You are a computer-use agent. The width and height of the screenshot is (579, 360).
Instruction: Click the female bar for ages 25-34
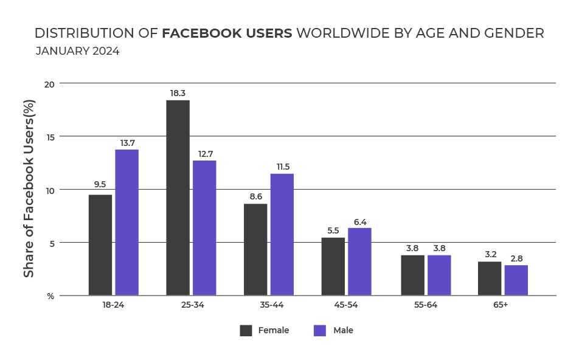click(178, 198)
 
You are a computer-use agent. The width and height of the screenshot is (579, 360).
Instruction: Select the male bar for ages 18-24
click(127, 223)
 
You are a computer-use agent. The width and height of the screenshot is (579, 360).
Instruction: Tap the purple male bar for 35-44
click(282, 234)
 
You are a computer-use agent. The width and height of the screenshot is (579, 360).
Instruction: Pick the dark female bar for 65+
click(490, 279)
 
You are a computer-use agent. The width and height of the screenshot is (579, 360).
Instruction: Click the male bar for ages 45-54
click(359, 261)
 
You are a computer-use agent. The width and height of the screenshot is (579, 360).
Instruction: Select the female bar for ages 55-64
click(412, 275)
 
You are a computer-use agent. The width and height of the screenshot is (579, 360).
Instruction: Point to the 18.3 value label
click(178, 93)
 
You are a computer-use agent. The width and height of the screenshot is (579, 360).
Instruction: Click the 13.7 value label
click(127, 142)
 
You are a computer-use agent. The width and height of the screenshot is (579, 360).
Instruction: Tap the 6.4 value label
click(360, 221)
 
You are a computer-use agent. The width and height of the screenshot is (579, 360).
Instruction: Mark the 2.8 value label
click(516, 258)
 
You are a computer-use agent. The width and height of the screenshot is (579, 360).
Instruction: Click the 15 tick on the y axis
click(50, 137)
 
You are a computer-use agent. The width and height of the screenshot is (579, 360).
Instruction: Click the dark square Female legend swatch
click(246, 331)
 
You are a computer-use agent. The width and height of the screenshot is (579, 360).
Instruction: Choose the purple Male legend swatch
click(320, 331)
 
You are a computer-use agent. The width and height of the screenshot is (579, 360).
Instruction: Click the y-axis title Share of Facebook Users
click(29, 189)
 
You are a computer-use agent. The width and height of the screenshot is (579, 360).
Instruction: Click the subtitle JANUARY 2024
click(77, 51)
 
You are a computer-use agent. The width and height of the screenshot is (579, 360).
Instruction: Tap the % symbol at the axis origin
click(51, 296)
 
